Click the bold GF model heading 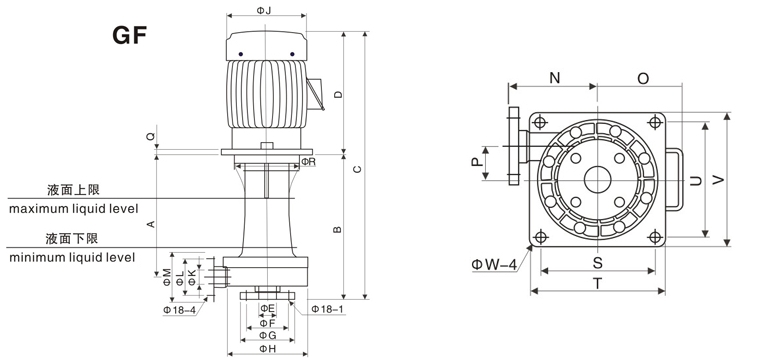click(x=130, y=35)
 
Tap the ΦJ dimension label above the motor click(x=264, y=10)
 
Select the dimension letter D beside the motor click(x=338, y=94)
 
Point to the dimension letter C click(x=357, y=170)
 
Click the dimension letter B click(x=337, y=229)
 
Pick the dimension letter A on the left click(x=150, y=224)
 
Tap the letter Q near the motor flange click(x=151, y=136)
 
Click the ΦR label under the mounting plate click(x=309, y=162)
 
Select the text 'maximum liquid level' click(x=73, y=208)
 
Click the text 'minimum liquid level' click(x=72, y=257)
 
